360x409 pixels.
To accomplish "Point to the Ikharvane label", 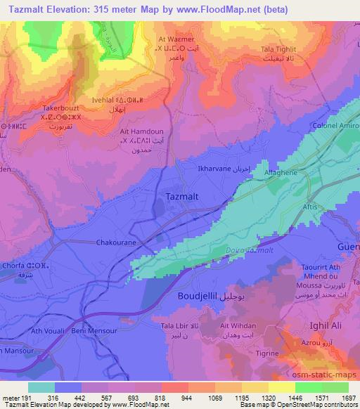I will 214,169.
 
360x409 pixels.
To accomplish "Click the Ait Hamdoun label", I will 141,131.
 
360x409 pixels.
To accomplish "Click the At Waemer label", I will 176,39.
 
